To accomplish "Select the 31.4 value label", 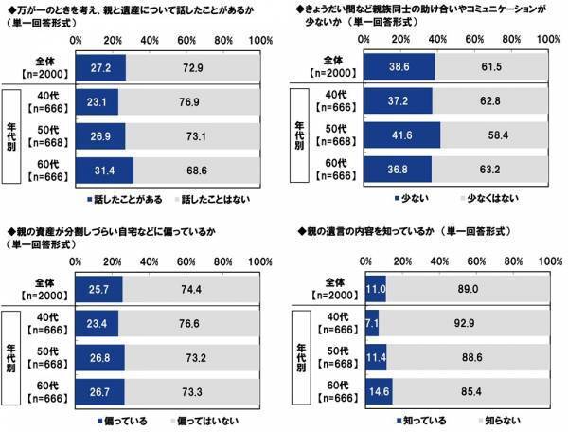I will click(x=100, y=170).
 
